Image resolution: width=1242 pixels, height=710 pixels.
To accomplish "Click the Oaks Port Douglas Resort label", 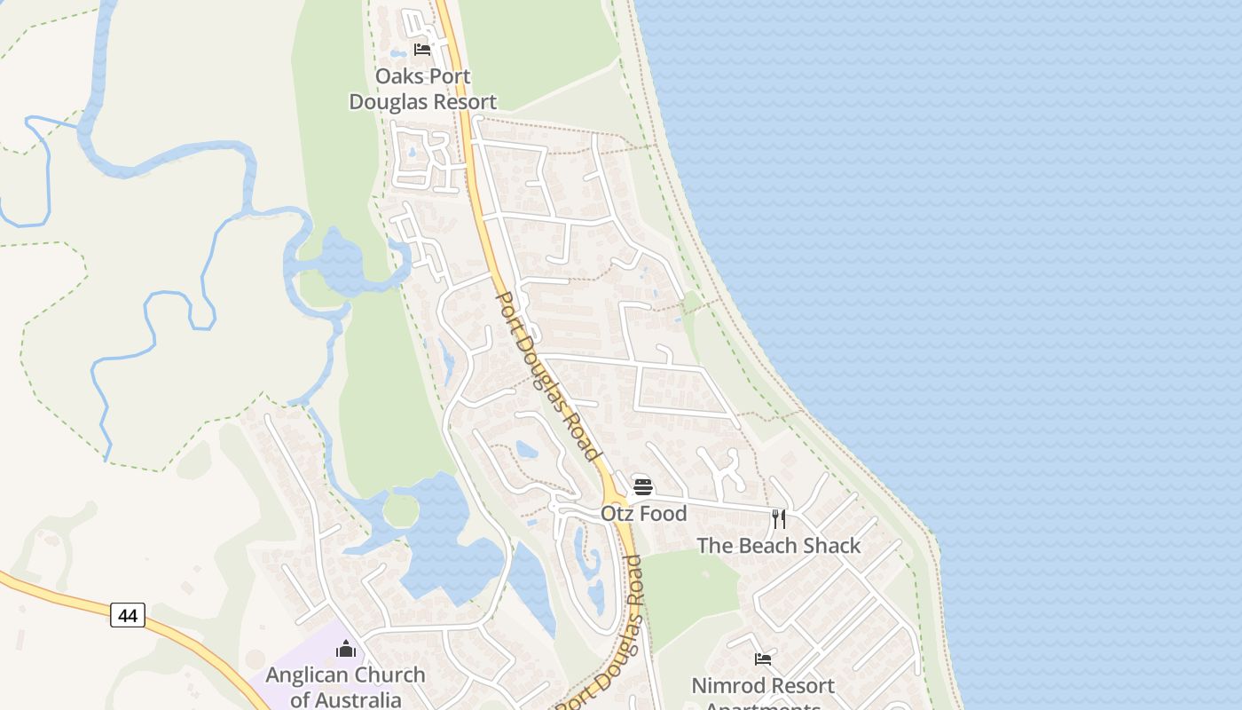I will tap(422, 89).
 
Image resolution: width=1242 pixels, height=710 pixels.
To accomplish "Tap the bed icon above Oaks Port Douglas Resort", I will tap(422, 50).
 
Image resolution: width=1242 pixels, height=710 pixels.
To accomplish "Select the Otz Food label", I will tap(643, 514).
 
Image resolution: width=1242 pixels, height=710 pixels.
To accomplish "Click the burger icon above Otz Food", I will tap(643, 487).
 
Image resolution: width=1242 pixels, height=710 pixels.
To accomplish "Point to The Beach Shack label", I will tap(778, 546).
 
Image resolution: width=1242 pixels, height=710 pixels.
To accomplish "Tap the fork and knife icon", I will tap(778, 519).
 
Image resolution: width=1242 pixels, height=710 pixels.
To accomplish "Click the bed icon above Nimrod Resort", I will tap(763, 659).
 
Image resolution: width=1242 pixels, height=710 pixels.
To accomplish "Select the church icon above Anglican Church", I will tap(346, 650).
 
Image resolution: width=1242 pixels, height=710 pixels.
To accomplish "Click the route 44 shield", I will tap(128, 615).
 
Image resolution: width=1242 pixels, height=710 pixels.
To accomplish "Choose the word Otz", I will tap(617, 514).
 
